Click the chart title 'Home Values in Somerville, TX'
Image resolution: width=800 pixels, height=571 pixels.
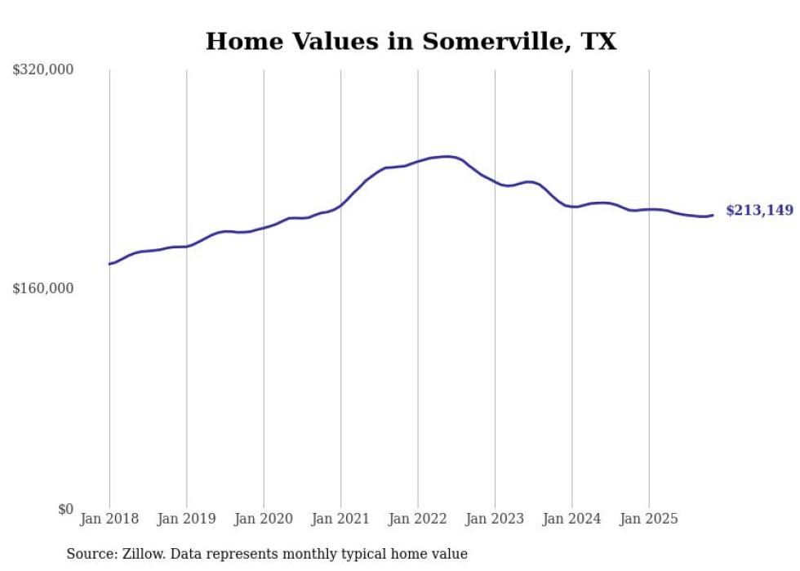tap(411, 41)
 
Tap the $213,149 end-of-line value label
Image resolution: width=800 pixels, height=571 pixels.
tap(758, 211)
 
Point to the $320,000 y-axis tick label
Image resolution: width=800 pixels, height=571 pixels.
tap(43, 69)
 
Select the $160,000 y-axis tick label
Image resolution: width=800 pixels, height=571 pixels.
tap(43, 288)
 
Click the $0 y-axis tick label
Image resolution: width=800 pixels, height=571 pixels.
tap(65, 509)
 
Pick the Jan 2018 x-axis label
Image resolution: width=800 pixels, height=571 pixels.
tap(109, 519)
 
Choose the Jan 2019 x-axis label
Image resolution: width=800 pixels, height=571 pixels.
tap(186, 519)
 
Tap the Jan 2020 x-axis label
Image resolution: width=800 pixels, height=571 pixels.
tap(264, 519)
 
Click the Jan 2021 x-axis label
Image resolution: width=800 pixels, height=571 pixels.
tap(340, 519)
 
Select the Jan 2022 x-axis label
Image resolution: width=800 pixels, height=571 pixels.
tap(418, 519)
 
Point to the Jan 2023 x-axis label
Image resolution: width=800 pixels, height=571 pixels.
tap(495, 519)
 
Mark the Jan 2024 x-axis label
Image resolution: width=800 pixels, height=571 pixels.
tap(572, 519)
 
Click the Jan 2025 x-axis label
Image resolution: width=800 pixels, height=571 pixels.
tap(649, 519)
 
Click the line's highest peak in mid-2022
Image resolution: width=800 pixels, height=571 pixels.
tap(446, 156)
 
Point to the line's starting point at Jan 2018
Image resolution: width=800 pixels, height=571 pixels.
tap(109, 264)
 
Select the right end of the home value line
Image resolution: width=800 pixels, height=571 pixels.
tap(713, 215)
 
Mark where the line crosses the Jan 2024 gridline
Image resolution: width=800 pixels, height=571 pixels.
tap(572, 207)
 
